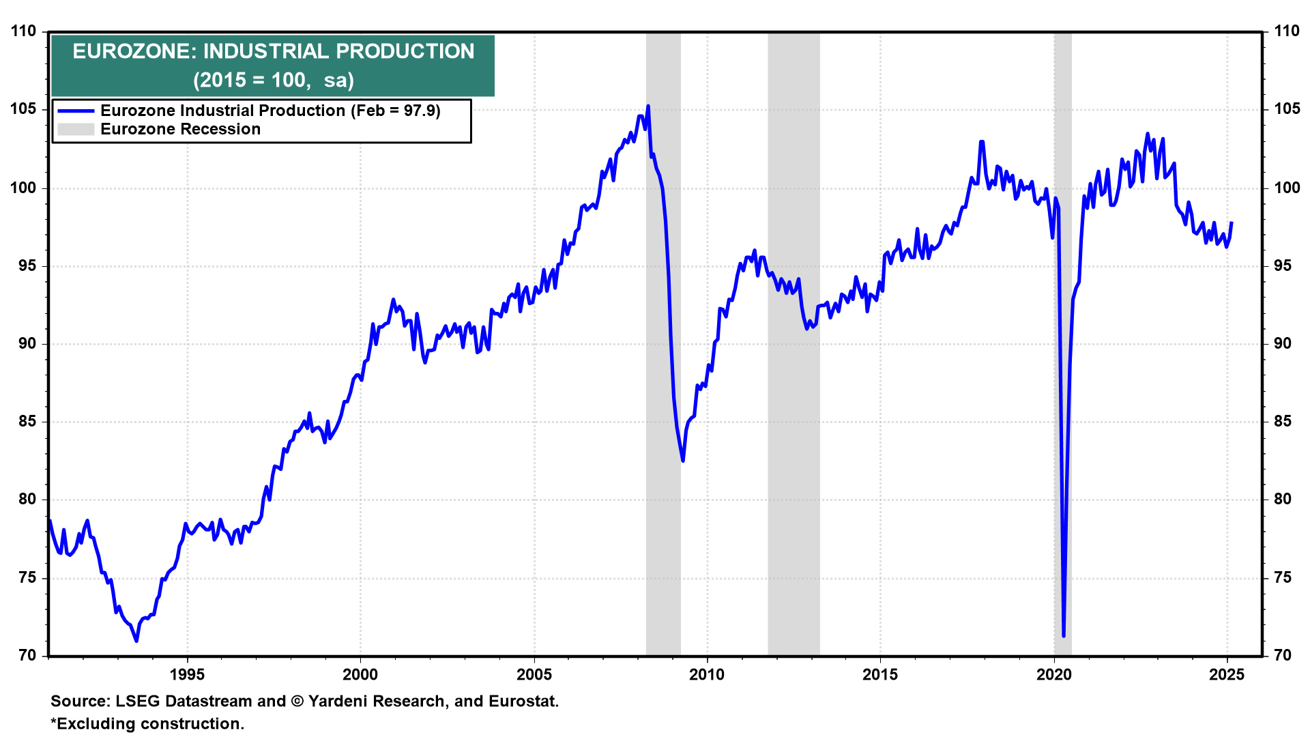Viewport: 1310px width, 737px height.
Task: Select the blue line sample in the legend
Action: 75,111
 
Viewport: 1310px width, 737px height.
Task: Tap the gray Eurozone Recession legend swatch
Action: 75,129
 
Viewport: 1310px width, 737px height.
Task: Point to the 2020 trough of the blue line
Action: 1064,635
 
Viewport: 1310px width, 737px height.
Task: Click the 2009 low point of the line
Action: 682,461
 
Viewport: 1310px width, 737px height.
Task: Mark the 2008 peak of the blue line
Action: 647,106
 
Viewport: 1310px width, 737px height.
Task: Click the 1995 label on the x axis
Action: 187,675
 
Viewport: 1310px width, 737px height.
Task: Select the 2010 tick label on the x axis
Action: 707,675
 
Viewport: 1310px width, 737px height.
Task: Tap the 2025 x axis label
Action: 1227,675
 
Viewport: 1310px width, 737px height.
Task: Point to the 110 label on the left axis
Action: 23,31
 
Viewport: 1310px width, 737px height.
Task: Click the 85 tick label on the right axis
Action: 1283,422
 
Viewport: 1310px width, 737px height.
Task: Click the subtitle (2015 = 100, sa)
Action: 273,81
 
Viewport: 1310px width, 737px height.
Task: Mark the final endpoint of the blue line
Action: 1232,222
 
